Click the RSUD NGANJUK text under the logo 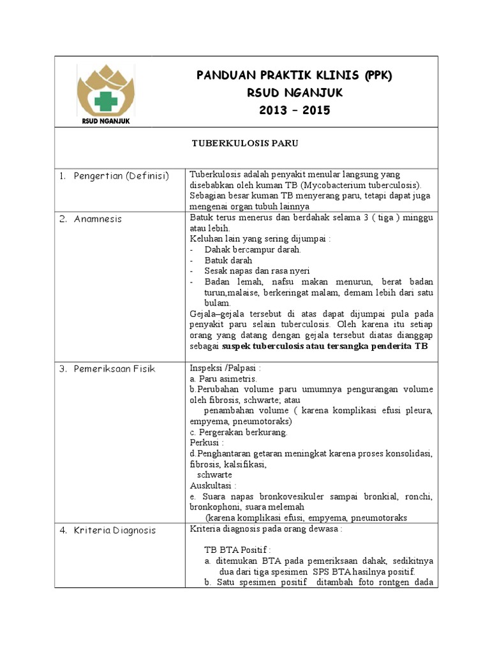point(106,119)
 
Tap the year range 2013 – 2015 point(294,110)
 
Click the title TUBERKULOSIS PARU point(245,144)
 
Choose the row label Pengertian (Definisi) point(121,175)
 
